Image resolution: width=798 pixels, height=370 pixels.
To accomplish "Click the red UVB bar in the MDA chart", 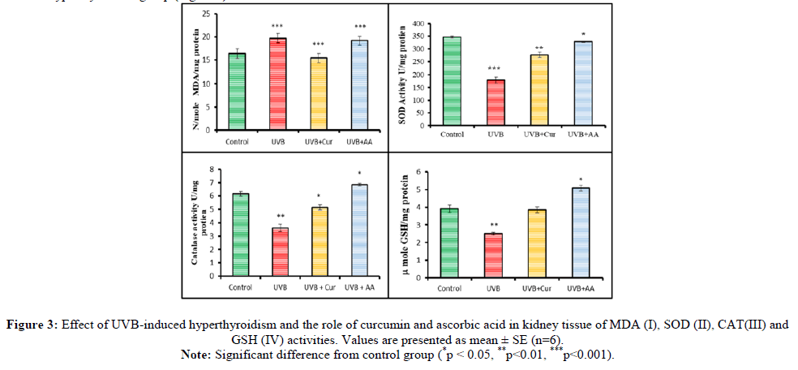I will point(277,84).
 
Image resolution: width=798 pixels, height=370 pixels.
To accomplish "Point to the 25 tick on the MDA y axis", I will point(208,15).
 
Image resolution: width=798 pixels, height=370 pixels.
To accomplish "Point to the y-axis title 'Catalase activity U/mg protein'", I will point(192,223).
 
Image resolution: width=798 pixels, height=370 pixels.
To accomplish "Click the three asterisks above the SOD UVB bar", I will point(494,69).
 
